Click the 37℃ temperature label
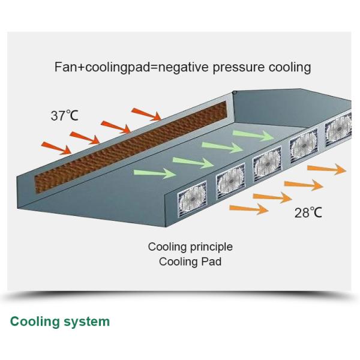64,116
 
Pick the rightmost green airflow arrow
260,135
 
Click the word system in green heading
87,321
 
